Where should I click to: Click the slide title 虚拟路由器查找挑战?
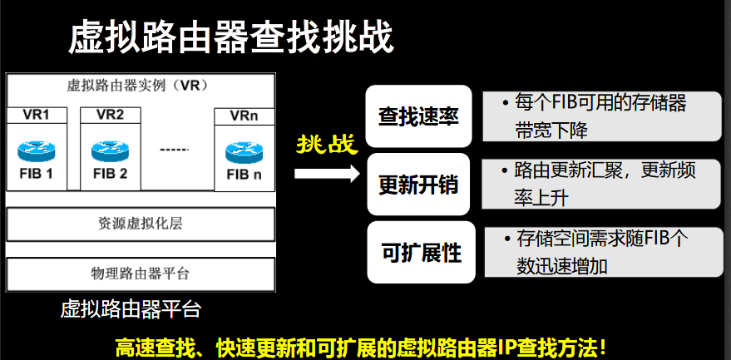230,37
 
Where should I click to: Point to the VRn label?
244,116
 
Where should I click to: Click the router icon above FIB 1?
37,150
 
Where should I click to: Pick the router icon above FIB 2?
110,150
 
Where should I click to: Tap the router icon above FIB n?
244,152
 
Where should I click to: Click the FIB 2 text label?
110,174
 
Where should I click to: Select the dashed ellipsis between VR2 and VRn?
175,150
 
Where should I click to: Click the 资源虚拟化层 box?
140,224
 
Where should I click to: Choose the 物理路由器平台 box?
140,273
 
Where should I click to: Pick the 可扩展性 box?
421,252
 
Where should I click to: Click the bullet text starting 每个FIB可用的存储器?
599,116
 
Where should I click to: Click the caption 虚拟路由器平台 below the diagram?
131,309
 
